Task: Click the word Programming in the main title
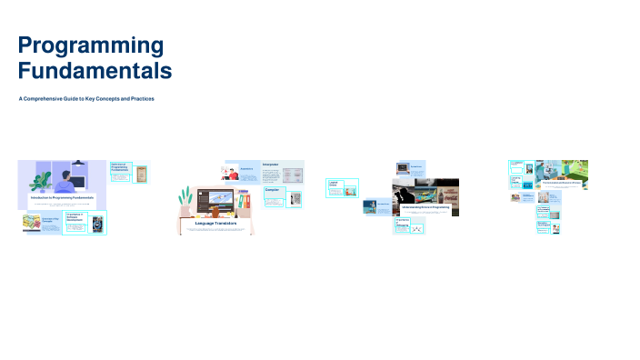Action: (91, 45)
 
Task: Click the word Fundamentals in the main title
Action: (95, 70)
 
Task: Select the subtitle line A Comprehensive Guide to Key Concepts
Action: (86, 98)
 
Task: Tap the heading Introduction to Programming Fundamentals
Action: (62, 197)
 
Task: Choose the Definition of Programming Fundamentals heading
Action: (120, 167)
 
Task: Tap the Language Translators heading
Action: (215, 224)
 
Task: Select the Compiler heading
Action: (272, 190)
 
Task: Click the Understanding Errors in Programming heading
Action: (425, 207)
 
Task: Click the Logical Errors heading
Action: (334, 184)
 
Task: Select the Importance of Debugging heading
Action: (403, 222)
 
